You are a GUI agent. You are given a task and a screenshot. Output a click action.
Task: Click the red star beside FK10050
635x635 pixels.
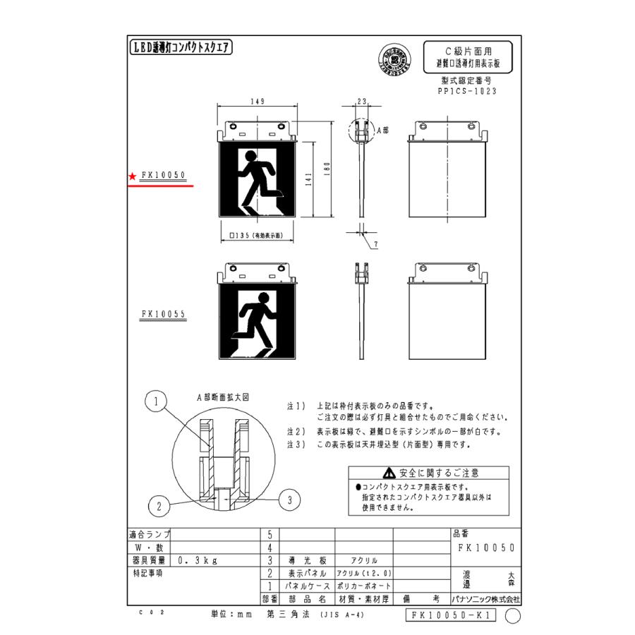(x=132, y=176)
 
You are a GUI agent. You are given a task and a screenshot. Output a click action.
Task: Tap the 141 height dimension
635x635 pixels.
(x=307, y=181)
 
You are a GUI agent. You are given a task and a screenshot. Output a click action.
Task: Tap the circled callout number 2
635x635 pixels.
(x=159, y=505)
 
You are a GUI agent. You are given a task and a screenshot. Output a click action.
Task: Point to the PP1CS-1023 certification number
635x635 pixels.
(x=468, y=91)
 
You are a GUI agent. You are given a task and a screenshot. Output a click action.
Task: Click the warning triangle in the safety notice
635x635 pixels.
(x=389, y=473)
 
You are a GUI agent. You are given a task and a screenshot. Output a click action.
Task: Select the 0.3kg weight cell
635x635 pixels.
(x=197, y=560)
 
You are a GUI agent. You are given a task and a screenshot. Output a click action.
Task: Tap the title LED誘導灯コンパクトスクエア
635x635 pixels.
(x=182, y=48)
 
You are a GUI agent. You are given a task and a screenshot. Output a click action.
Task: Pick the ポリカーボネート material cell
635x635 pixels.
(x=363, y=586)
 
